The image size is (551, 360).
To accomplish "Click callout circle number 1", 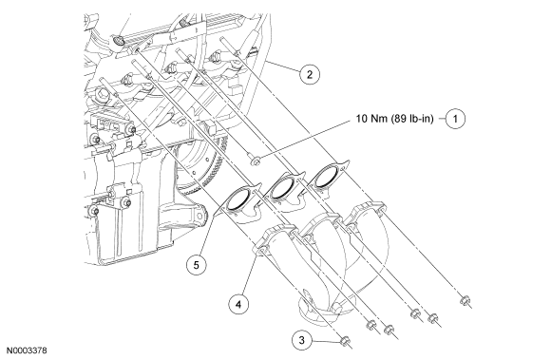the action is pyautogui.click(x=455, y=119).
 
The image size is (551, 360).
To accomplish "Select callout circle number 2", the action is pyautogui.click(x=310, y=74).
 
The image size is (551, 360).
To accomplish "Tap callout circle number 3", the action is pyautogui.click(x=301, y=340).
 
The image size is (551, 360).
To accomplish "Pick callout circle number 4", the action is pyautogui.click(x=238, y=304).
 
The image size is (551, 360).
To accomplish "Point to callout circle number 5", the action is pyautogui.click(x=196, y=265).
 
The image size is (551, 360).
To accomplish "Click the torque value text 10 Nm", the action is pyautogui.click(x=371, y=119).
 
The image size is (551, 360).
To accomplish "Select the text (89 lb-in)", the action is pyautogui.click(x=411, y=119).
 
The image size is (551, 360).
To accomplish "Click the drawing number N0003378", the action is pyautogui.click(x=27, y=351).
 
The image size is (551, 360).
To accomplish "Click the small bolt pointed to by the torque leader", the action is pyautogui.click(x=254, y=160).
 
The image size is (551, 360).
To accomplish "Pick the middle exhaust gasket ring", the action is pyautogui.click(x=284, y=187).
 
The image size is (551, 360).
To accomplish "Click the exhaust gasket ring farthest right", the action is pyautogui.click(x=327, y=175).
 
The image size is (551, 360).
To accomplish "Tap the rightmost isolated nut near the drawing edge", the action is pyautogui.click(x=465, y=301).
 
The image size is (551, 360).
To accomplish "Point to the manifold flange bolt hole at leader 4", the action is pyautogui.click(x=262, y=252).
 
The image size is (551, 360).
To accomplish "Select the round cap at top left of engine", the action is pyautogui.click(x=119, y=42).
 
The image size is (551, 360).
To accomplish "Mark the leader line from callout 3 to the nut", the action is pyautogui.click(x=326, y=340).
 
